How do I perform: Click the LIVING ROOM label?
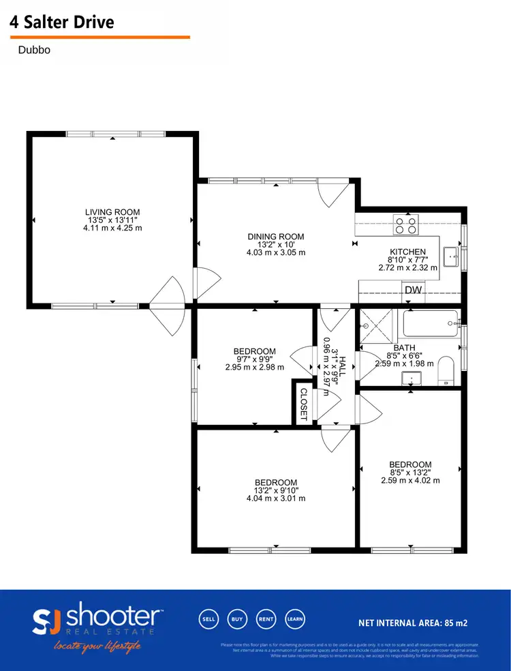point(112,212)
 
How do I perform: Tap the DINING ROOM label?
point(276,237)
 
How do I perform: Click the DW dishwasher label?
point(413,290)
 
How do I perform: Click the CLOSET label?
point(303,405)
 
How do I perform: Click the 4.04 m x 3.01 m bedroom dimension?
point(276,498)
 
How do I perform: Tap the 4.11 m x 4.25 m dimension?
point(112,228)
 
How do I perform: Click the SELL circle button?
point(208,619)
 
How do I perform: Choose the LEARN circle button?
point(294,619)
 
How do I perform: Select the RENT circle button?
point(266,619)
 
